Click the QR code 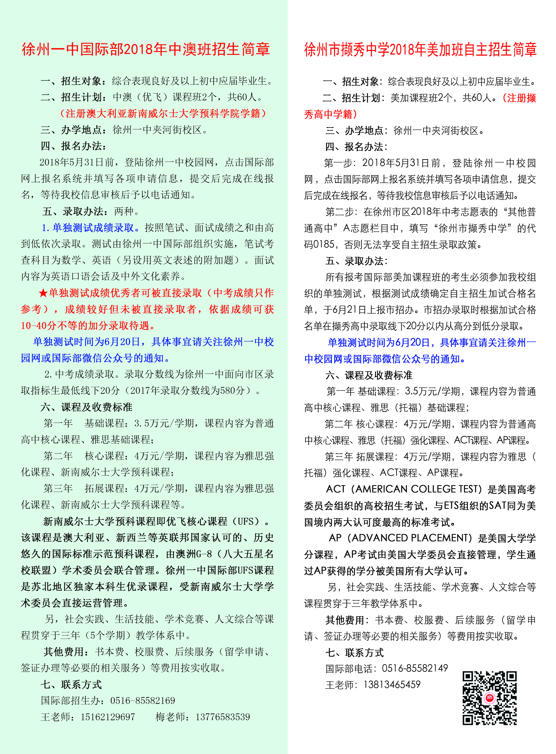point(490,698)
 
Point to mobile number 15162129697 point(108,717)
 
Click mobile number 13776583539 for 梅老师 point(223,717)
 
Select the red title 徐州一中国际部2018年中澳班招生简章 point(146,49)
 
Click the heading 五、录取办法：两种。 point(91,211)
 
